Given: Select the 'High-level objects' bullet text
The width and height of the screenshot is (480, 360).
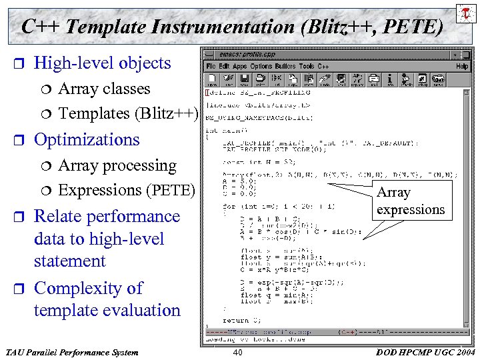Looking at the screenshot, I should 102,63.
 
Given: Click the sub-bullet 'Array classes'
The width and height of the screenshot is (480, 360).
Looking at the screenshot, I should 104,89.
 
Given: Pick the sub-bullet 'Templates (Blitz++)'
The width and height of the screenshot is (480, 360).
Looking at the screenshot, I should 128,113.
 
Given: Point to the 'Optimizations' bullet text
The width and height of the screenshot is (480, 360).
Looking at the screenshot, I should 87,139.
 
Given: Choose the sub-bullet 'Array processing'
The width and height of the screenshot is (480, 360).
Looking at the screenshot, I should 117,165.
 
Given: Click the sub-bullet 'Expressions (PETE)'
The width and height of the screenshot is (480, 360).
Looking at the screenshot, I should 126,190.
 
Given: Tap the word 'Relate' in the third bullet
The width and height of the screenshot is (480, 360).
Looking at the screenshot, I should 59,217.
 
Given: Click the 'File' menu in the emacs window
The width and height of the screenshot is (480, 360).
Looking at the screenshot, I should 211,67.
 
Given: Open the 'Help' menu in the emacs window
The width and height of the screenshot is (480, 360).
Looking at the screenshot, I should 462,67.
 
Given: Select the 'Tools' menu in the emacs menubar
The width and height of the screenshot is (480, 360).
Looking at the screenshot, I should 307,67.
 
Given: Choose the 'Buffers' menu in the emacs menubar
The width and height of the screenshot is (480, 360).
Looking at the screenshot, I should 284,67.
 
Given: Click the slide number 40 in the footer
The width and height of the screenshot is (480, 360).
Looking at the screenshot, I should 237,352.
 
